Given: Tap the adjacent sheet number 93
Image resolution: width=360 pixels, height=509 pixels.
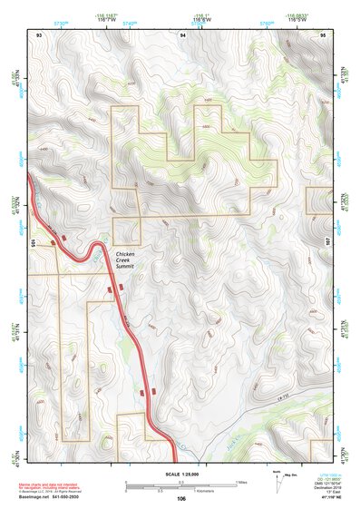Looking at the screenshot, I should pyautogui.click(x=39, y=34).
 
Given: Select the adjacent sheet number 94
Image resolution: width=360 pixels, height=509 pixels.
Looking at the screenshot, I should pyautogui.click(x=183, y=34).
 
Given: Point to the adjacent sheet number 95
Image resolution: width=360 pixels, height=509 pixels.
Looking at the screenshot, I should pyautogui.click(x=324, y=34).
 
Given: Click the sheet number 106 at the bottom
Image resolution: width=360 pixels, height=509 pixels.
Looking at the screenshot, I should pyautogui.click(x=181, y=498).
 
